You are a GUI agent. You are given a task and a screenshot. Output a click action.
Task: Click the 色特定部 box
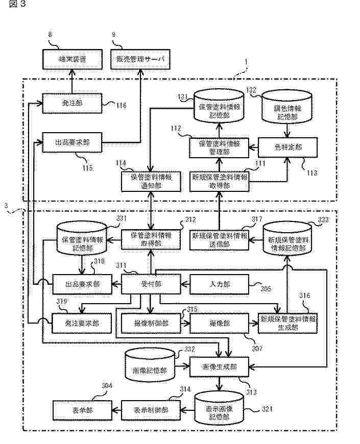click(287, 147)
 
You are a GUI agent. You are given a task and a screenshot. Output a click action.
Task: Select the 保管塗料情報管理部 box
click(219, 147)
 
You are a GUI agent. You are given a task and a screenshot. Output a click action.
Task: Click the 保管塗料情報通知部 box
click(151, 181)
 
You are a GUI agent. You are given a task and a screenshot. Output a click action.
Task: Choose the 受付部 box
click(151, 284)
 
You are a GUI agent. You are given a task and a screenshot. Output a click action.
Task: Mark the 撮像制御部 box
click(151, 323)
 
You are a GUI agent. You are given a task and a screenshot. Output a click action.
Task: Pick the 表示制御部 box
click(151, 409)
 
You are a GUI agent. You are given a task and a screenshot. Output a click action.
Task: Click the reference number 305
click(266, 290)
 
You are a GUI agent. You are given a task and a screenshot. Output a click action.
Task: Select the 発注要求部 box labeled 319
click(82, 323)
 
